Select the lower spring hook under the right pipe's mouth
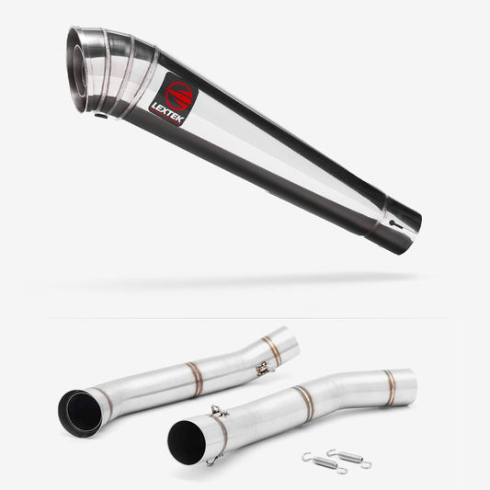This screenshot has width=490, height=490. [213, 458]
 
